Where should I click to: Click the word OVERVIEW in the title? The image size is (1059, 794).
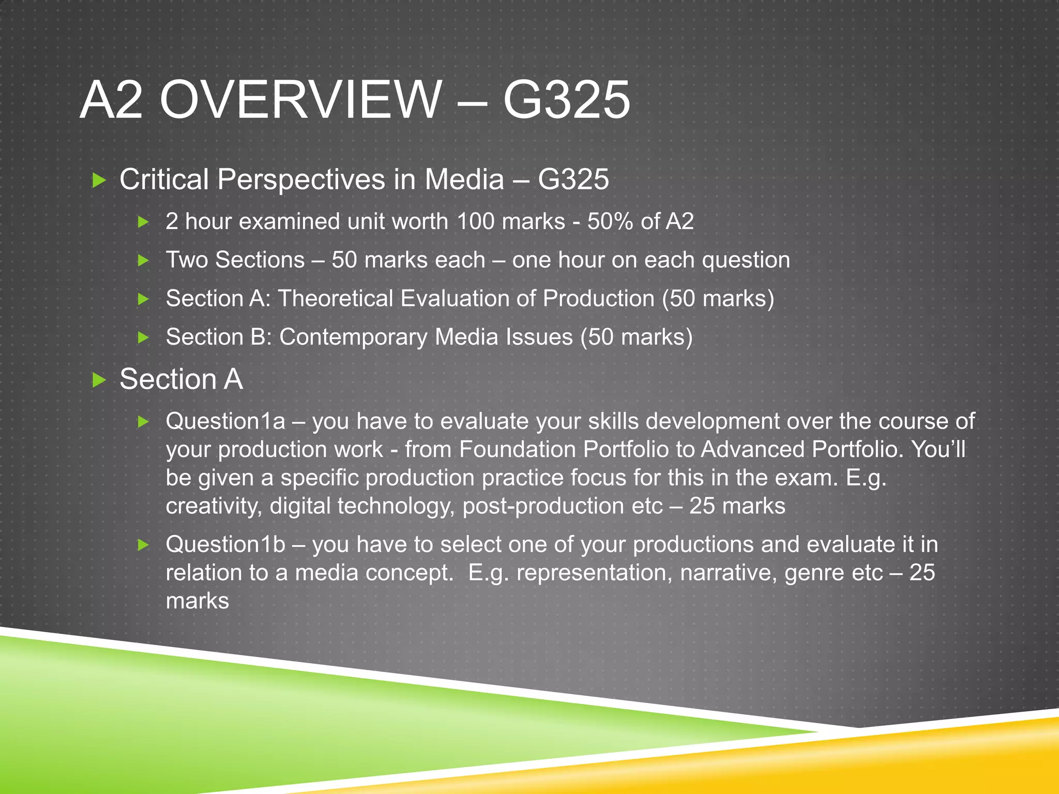pos(300,99)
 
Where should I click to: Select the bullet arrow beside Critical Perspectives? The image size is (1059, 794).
pos(98,180)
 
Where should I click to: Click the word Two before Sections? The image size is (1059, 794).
pos(187,259)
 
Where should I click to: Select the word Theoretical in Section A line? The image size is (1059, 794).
pos(336,298)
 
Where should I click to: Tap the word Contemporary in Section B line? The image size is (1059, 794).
pos(353,337)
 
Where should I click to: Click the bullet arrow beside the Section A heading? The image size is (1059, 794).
pos(98,380)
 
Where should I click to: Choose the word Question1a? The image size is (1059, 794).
pos(225,421)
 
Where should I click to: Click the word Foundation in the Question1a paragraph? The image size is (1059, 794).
pos(517,449)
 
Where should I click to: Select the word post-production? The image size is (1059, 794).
pos(543,506)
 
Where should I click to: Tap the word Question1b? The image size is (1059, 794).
pos(225,544)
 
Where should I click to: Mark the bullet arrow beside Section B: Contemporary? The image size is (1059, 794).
pos(143,338)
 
